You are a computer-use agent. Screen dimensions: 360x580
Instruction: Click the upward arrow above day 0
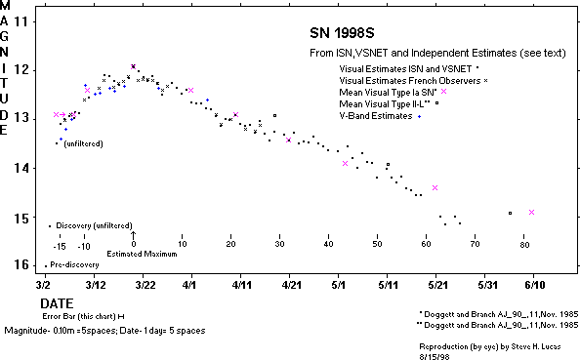coord(133,235)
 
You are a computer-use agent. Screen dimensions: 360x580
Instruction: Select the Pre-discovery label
coord(73,265)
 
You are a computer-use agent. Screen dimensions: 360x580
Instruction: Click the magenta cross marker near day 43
coord(346,163)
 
